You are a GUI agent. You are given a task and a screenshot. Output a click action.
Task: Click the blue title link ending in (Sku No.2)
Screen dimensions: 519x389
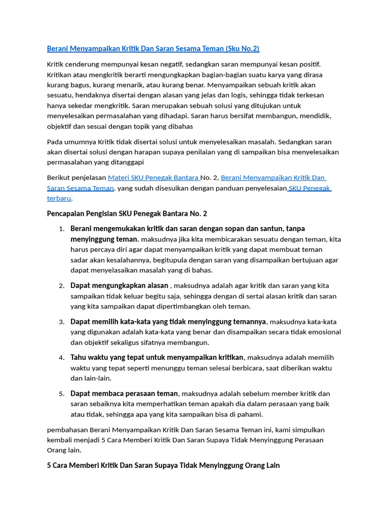coord(153,49)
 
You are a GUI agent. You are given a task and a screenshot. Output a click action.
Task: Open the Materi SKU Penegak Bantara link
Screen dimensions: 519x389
coord(153,178)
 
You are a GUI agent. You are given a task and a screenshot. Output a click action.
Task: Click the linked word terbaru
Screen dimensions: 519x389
coord(59,199)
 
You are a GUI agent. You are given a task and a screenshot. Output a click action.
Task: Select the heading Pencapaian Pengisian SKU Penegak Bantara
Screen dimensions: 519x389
coord(127,214)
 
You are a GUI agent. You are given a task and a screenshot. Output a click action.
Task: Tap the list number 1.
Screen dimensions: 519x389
coord(61,229)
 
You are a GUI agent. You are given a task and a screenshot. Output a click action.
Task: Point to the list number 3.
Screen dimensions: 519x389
coord(61,322)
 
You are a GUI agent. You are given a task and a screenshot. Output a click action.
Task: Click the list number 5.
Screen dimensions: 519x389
coord(61,394)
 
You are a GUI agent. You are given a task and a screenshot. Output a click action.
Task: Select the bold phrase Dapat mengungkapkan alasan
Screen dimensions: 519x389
coord(119,286)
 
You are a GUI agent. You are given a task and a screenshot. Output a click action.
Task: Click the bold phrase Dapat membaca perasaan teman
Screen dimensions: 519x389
coord(124,393)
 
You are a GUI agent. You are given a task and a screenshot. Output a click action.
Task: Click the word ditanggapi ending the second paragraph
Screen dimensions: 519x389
coord(126,163)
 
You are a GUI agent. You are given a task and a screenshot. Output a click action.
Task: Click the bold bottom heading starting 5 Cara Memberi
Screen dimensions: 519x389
coord(163,465)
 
